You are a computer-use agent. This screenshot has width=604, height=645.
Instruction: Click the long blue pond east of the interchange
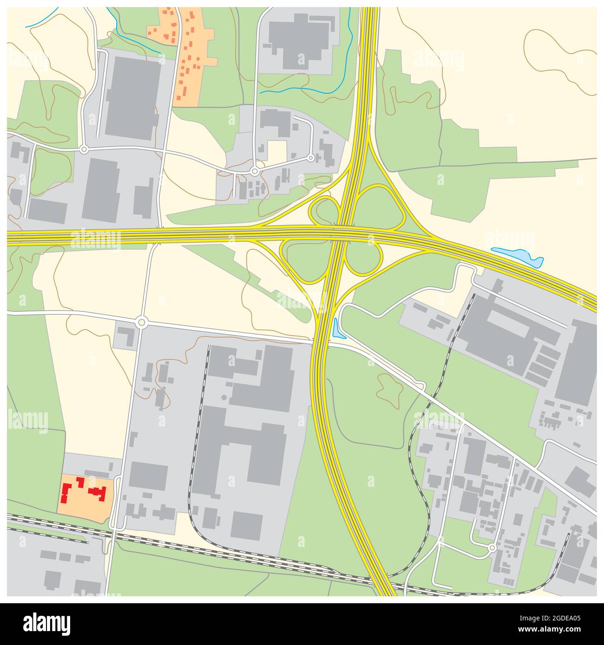518,256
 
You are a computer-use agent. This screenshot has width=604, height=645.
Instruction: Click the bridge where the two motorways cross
341,230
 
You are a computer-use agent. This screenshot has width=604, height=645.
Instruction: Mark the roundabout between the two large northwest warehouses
84,149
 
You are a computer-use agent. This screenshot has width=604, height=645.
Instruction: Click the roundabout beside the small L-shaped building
141,322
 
